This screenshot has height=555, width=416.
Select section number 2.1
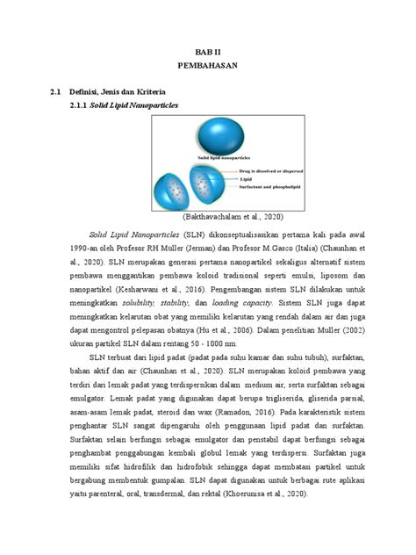point(58,91)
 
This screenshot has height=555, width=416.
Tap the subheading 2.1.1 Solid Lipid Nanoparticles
point(128,105)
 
